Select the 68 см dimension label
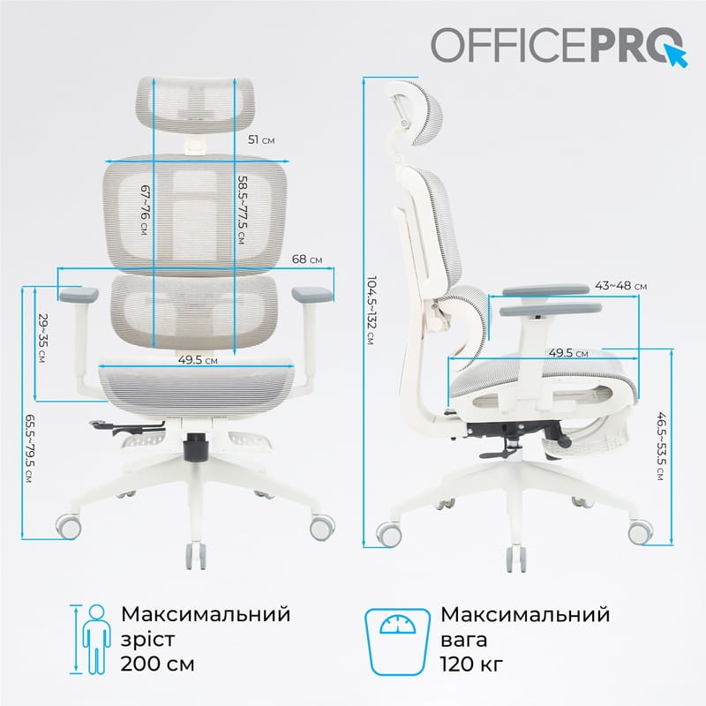[x=307, y=259]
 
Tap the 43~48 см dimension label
[x=620, y=286]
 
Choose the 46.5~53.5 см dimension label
[x=660, y=446]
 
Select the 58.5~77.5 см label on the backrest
[x=242, y=212]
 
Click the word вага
[x=464, y=638]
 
